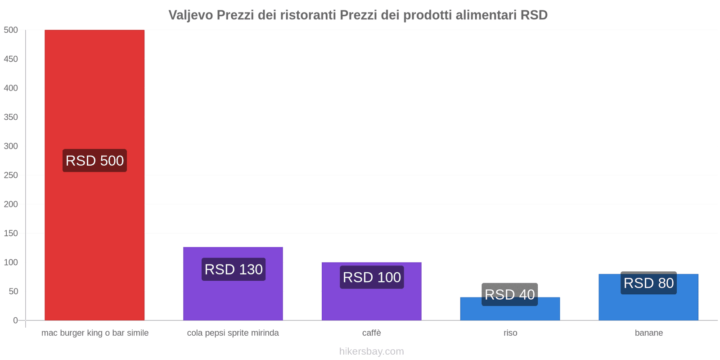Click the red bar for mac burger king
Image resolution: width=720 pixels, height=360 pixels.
pyautogui.click(x=94, y=90)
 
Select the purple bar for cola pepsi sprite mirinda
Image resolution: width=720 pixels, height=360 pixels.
pyautogui.click(x=233, y=297)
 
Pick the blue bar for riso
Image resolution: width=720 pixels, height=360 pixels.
pyautogui.click(x=510, y=313)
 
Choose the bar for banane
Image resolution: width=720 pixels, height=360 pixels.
pyautogui.click(x=648, y=306)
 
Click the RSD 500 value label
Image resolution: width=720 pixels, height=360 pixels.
pyautogui.click(x=94, y=161)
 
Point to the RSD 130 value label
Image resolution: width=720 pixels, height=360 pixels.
pyautogui.click(x=234, y=269)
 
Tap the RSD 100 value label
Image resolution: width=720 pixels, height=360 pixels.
pyautogui.click(x=372, y=277)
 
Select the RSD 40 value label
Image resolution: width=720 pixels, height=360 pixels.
pyautogui.click(x=510, y=294)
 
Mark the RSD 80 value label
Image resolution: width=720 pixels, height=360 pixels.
pyautogui.click(x=648, y=283)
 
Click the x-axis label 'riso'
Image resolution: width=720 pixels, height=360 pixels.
pyautogui.click(x=510, y=333)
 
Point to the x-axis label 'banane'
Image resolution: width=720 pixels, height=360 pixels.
pyautogui.click(x=648, y=333)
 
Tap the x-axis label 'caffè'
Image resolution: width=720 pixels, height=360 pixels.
pyautogui.click(x=372, y=333)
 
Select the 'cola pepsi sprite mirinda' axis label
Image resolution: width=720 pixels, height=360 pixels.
pyautogui.click(x=233, y=333)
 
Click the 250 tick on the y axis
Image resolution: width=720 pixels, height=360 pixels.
pyautogui.click(x=11, y=175)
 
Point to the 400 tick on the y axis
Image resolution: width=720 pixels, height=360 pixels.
pyautogui.click(x=11, y=88)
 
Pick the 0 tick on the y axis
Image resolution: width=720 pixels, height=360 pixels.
pyautogui.click(x=15, y=320)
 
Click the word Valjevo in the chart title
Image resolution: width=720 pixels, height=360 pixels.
pyautogui.click(x=191, y=15)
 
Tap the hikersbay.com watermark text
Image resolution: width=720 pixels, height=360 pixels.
pyautogui.click(x=372, y=351)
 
